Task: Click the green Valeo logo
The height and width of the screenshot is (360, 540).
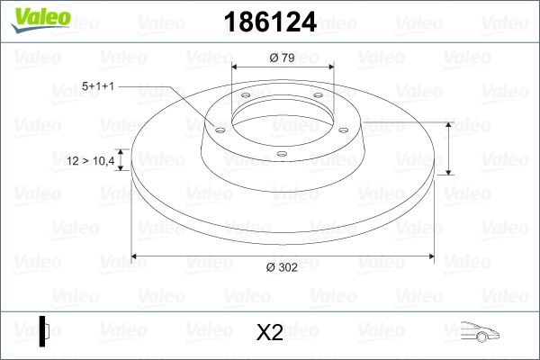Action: click(40, 20)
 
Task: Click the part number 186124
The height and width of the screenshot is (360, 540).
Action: click(270, 22)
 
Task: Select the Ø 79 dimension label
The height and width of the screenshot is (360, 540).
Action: click(282, 58)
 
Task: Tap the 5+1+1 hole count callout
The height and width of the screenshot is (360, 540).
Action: click(98, 86)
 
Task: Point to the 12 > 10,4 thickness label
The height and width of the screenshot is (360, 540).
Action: click(91, 160)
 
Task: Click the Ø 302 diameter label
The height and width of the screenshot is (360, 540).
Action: click(282, 267)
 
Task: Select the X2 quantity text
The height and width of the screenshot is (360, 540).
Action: click(270, 332)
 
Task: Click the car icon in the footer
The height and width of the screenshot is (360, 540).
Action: click(480, 332)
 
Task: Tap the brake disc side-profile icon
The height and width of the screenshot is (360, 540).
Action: click(44, 331)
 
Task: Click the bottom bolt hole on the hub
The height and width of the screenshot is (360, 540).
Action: click(282, 154)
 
